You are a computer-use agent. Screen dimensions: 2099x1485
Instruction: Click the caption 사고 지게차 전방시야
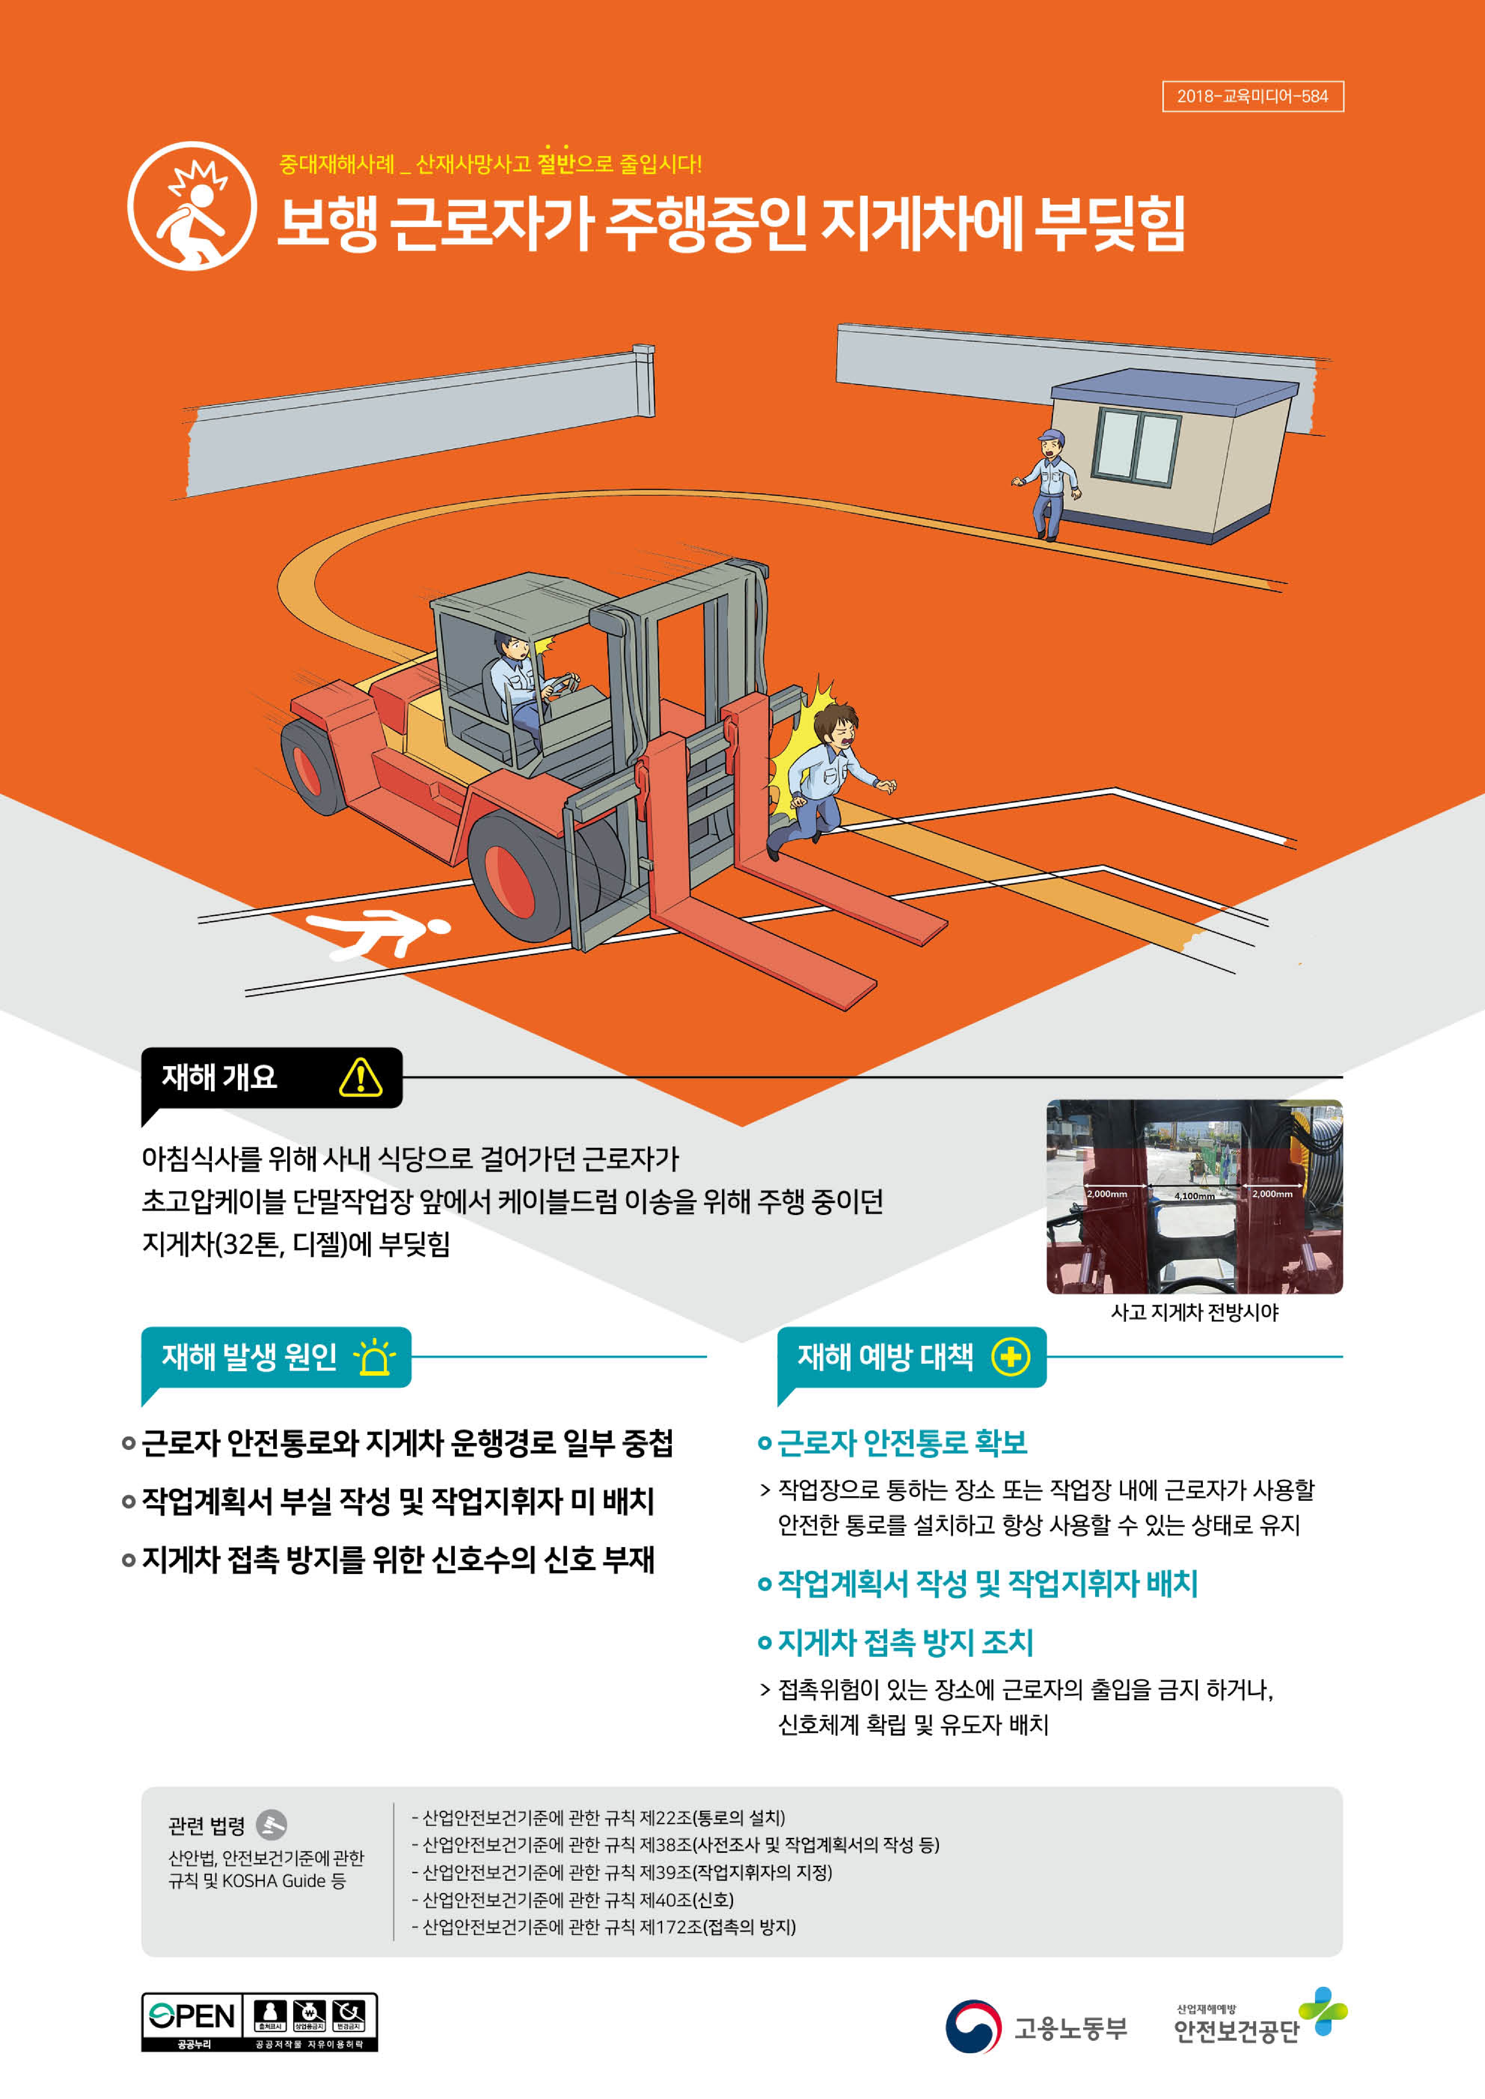point(1194,1313)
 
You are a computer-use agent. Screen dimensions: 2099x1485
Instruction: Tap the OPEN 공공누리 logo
point(192,2021)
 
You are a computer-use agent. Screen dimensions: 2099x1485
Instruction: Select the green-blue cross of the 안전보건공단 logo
point(1323,2011)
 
